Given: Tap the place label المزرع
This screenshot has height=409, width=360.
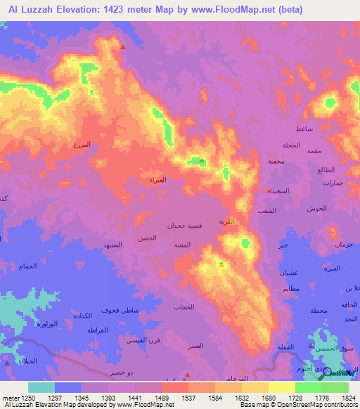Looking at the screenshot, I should (x=82, y=144).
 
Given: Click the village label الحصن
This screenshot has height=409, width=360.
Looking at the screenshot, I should (x=147, y=238).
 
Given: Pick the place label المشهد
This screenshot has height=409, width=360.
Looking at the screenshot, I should (x=113, y=244).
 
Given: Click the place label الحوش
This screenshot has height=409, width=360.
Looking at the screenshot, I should (x=314, y=209).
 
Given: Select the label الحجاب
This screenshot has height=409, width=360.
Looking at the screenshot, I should (x=184, y=307).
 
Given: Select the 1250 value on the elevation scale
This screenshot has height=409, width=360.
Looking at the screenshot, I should (x=20, y=398).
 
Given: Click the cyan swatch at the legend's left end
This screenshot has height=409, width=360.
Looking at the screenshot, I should (x=41, y=387).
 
